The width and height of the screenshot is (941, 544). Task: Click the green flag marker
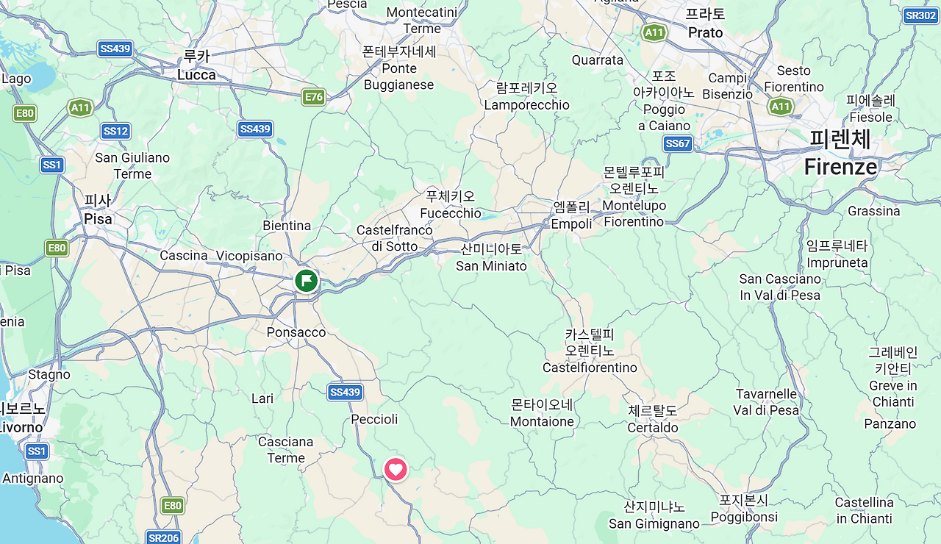306,280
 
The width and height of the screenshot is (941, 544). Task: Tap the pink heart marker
396,469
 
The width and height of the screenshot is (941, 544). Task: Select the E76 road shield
314,96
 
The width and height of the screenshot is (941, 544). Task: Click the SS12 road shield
116,131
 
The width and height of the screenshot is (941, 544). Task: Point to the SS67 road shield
677,143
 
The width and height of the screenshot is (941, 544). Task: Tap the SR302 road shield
920,15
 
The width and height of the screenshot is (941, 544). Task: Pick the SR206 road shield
163,537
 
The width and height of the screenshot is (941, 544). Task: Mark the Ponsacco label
296,332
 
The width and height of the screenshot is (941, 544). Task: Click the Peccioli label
374,419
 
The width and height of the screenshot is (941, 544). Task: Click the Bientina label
287,226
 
